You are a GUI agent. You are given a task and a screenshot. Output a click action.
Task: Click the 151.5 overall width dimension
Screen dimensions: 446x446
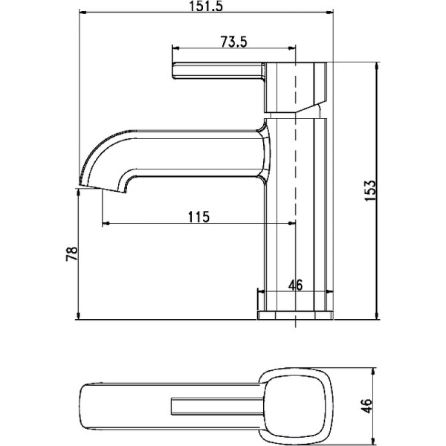click(206, 5)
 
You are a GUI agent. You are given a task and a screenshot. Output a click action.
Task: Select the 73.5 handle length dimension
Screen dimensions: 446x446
click(233, 42)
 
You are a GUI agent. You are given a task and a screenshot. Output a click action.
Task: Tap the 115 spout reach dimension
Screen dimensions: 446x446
click(198, 217)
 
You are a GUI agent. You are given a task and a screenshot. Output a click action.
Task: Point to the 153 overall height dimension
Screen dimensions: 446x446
click(370, 190)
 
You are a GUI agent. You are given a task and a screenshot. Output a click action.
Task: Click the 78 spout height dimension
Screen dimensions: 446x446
click(71, 253)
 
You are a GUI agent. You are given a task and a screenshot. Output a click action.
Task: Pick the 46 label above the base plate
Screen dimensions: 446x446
click(296, 285)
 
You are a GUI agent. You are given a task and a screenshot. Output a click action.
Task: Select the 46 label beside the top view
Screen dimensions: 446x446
click(367, 406)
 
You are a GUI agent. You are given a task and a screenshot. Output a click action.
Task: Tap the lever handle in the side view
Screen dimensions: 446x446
click(219, 71)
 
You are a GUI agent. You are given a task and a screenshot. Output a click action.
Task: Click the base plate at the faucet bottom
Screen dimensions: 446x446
click(295, 315)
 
